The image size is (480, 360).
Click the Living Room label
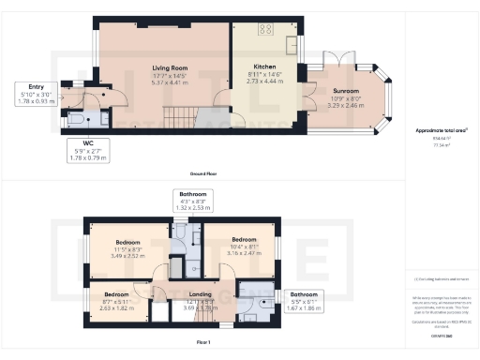pos(171,67)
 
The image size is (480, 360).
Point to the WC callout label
pos(83,145)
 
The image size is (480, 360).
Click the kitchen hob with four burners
pos(265,27)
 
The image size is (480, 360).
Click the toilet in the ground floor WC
pos(80,117)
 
